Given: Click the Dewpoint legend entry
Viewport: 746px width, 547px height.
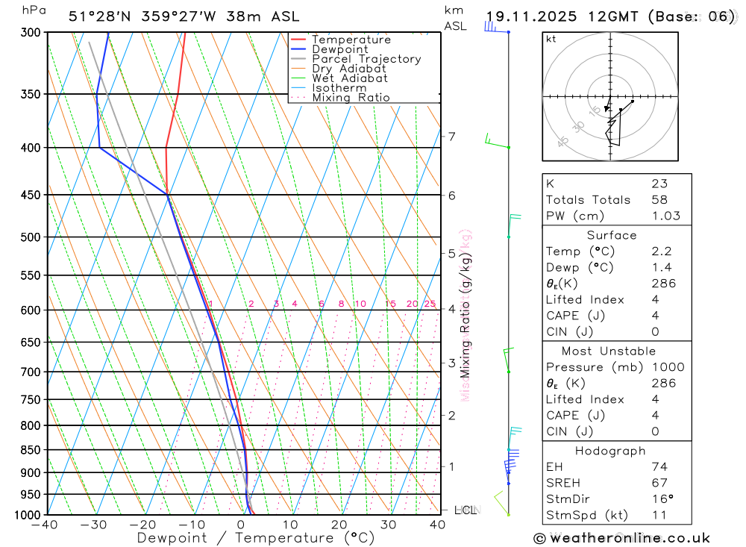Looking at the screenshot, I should pos(339,49).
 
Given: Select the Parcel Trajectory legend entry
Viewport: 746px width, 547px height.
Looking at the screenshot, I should pos(366,59).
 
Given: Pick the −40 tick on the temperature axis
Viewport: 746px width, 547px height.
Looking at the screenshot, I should pos(45,525).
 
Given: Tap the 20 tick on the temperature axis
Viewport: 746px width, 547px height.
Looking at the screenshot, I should pos(339,525).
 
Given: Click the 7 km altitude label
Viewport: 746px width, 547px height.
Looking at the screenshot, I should pos(451,136).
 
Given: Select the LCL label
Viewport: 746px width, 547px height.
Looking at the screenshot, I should pos(466,510).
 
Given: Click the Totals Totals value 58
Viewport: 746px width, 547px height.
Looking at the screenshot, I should pos(659,200).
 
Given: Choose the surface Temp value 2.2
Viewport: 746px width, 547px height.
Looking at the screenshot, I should pos(661,251).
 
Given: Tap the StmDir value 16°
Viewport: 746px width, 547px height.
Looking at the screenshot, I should pos(661,499).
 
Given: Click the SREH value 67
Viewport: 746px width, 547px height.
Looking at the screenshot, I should pos(659,483).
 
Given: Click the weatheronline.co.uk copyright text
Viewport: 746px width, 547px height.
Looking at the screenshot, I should pos(621,538).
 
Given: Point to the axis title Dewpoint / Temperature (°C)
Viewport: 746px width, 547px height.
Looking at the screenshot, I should pos(255,537).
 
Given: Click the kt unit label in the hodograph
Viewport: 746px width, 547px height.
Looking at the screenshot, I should pos(551,39).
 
